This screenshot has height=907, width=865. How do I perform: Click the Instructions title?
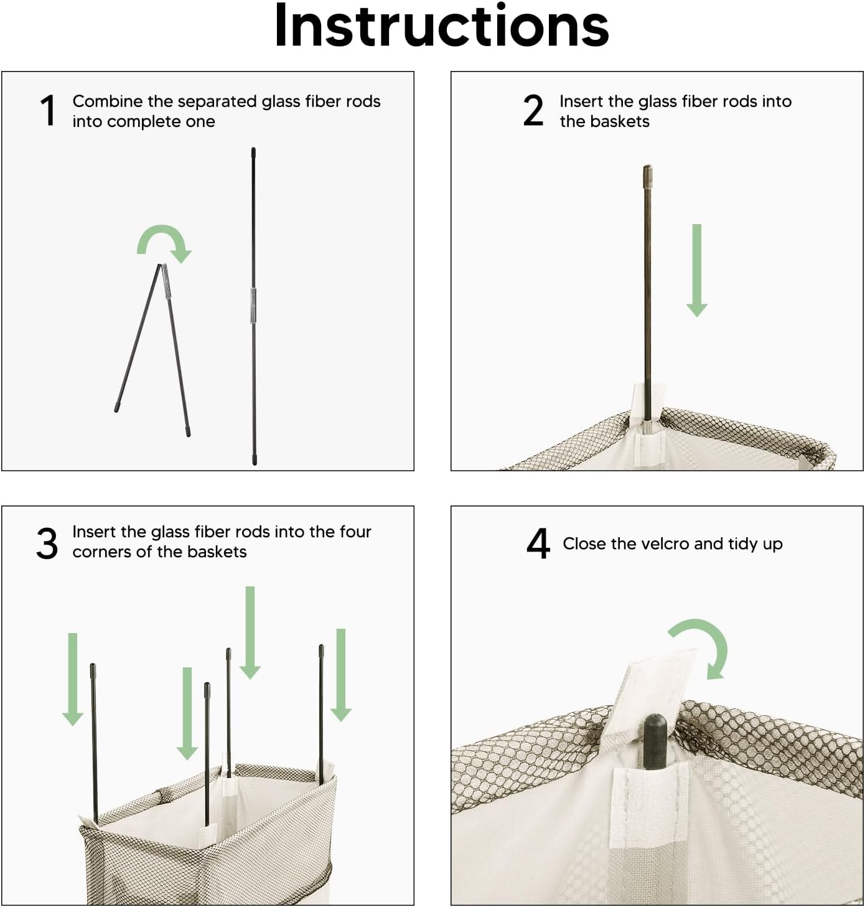pyautogui.click(x=441, y=26)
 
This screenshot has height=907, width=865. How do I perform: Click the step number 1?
pyautogui.click(x=48, y=110)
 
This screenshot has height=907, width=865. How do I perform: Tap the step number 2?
pyautogui.click(x=533, y=110)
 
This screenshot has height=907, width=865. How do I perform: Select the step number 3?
pyautogui.click(x=47, y=543)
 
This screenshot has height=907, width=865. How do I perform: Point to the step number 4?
pyautogui.click(x=538, y=544)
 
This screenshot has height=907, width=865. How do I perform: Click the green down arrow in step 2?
pyautogui.click(x=696, y=270)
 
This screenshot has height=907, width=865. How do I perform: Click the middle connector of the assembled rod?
pyautogui.click(x=253, y=305)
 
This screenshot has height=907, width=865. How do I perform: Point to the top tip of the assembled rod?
pyautogui.click(x=253, y=149)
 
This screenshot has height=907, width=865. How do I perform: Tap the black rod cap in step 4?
pyautogui.click(x=655, y=742)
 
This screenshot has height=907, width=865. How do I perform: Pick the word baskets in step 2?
pyautogui.click(x=620, y=121)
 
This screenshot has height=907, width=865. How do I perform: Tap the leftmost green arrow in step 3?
pyautogui.click(x=73, y=680)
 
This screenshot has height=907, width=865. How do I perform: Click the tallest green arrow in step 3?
pyautogui.click(x=250, y=632)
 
